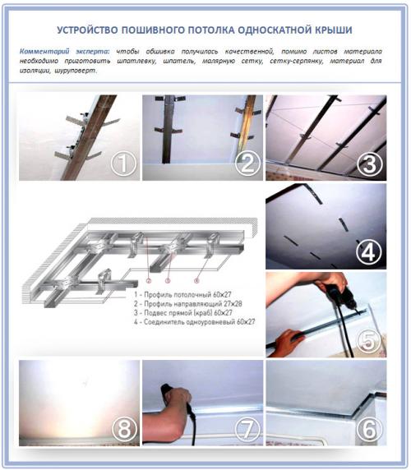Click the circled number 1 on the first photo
click(124, 164)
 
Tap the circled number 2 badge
click(247, 164)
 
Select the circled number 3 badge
click(370, 164)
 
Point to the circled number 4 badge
click(369, 252)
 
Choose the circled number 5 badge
click(369, 340)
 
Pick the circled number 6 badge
click(369, 429)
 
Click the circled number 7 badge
click(247, 429)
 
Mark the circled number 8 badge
click(124, 429)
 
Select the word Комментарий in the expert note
click(44, 51)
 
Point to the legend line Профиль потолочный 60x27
click(182, 295)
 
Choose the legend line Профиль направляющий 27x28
click(188, 304)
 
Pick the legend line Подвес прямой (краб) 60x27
click(183, 312)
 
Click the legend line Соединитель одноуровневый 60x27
click(195, 322)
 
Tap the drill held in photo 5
click(340, 298)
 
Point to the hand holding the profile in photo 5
click(288, 341)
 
